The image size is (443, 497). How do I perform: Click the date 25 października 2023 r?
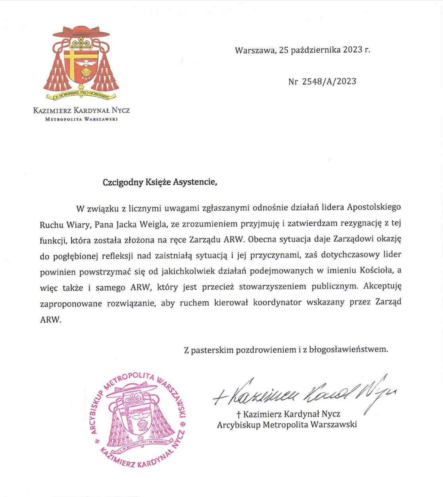[324, 50]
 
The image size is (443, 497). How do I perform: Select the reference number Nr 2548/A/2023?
[322, 81]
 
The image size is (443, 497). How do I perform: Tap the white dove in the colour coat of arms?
[85, 63]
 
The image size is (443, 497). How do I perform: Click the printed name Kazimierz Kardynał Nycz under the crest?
[81, 110]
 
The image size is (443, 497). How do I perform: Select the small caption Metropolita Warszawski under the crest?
[81, 119]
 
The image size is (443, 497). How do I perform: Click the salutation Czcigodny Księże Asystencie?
[160, 183]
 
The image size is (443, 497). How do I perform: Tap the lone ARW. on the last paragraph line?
[51, 319]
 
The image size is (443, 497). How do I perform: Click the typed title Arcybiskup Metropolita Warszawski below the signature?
[287, 425]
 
